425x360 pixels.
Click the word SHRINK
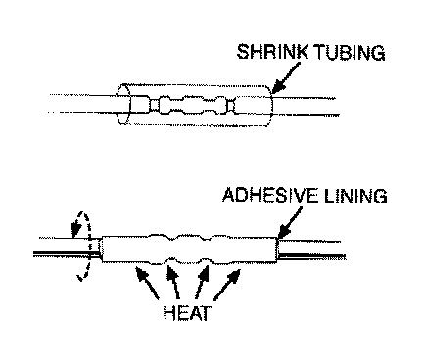click(x=272, y=52)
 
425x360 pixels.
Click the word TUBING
click(x=350, y=53)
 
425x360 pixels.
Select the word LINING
click(x=355, y=196)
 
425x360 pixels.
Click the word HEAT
click(x=187, y=313)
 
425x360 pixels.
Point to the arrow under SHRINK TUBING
click(x=285, y=77)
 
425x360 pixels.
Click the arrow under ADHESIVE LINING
click(x=289, y=223)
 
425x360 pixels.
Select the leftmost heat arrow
click(x=147, y=283)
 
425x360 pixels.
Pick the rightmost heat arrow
click(x=227, y=285)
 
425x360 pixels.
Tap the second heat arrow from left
click(x=173, y=283)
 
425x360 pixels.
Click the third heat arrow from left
click(x=202, y=283)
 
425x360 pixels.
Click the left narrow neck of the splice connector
click(x=154, y=106)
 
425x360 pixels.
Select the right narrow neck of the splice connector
click(x=231, y=106)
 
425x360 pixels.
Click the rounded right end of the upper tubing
click(x=272, y=106)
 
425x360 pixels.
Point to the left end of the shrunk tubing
click(x=102, y=249)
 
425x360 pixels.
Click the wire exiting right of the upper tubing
click(x=306, y=107)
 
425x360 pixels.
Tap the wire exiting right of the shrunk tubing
click(x=310, y=249)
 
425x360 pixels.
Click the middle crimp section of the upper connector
click(x=193, y=106)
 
